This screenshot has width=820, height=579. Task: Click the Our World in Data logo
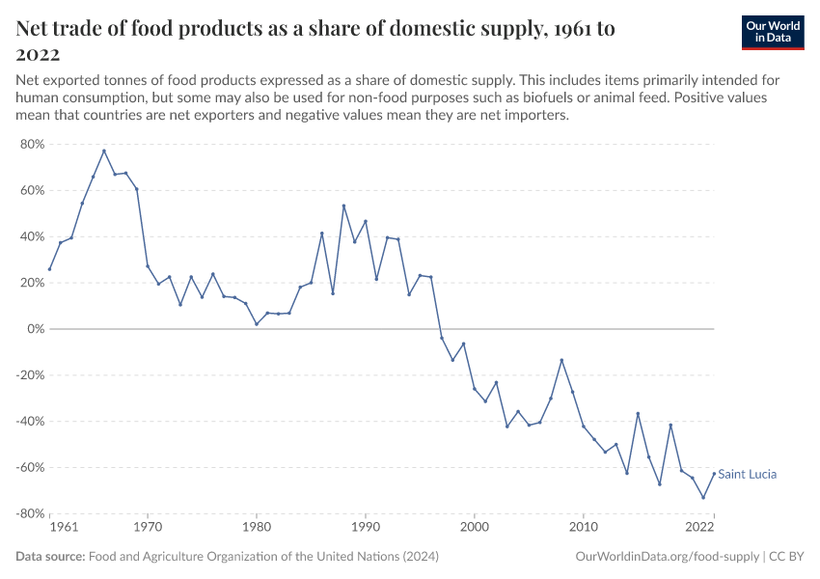click(772, 32)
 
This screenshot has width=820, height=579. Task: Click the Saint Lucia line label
click(748, 474)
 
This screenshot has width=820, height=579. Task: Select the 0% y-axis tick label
click(35, 329)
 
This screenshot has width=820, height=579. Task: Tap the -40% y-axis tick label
click(30, 422)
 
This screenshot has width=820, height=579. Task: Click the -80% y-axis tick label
click(30, 514)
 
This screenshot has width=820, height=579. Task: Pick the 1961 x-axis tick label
click(63, 528)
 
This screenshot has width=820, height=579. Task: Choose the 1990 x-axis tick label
click(365, 528)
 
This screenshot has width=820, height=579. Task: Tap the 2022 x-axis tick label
click(699, 528)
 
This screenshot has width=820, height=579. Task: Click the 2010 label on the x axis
click(583, 528)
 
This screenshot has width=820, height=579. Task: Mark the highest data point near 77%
click(104, 151)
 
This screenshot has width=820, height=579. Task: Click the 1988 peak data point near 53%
click(343, 206)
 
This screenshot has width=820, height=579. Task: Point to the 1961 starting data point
click(49, 269)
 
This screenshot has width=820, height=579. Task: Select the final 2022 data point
click(714, 474)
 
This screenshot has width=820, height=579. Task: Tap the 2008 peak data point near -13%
click(561, 360)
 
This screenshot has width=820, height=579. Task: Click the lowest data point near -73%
click(703, 498)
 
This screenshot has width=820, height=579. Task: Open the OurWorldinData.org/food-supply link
click(667, 557)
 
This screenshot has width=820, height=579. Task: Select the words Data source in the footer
click(50, 557)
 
